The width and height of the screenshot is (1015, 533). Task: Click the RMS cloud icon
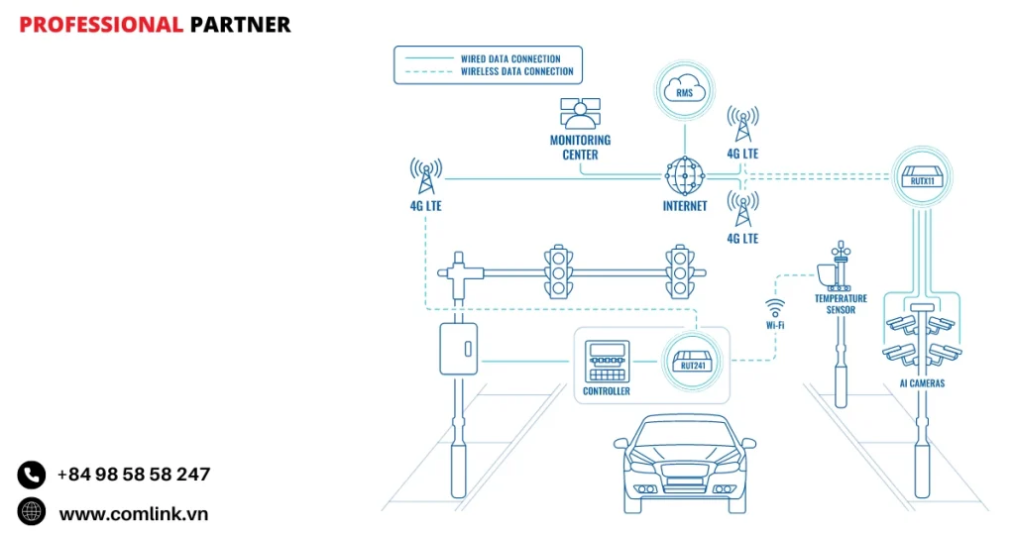click(684, 91)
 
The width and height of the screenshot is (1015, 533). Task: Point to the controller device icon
click(607, 362)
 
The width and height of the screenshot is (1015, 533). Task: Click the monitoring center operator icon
click(580, 114)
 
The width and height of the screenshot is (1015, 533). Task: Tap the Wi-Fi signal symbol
click(775, 305)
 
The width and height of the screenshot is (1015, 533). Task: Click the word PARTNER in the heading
click(240, 25)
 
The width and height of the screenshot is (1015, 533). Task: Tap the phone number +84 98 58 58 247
click(133, 475)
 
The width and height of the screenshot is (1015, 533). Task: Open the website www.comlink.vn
click(133, 513)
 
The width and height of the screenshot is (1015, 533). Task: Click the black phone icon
click(32, 475)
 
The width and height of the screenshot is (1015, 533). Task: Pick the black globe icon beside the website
click(32, 512)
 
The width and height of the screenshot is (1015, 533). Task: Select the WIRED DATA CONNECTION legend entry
click(509, 58)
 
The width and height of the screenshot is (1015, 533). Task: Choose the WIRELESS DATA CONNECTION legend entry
click(516, 71)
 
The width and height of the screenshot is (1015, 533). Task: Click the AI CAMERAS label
click(921, 382)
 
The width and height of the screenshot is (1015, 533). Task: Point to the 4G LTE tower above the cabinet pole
click(426, 176)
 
